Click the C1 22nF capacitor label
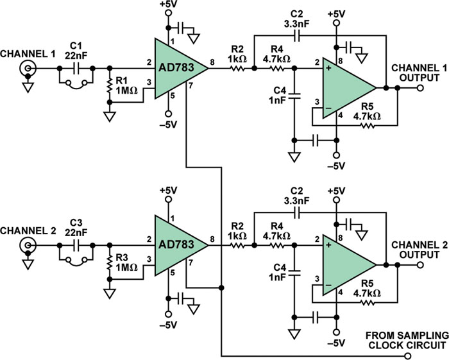pos(76,51)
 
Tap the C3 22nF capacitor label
pos(76,227)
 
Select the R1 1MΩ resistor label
pos(126,85)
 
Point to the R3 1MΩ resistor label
pos(126,262)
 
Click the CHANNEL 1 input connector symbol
pos(28,69)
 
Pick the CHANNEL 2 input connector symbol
pos(28,245)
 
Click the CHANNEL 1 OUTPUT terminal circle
pos(420,88)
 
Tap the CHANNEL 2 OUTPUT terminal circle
pos(420,265)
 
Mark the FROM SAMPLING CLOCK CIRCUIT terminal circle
pos(406,356)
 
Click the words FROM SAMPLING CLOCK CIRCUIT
pos(407,340)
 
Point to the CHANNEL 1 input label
pos(28,54)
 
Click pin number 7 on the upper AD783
pos(191,85)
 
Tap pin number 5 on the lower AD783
pos(173,273)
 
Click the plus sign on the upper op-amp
pos(328,68)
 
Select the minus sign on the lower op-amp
pos(328,286)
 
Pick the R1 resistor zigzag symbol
pos(109,85)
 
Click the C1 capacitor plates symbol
pos(76,69)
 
